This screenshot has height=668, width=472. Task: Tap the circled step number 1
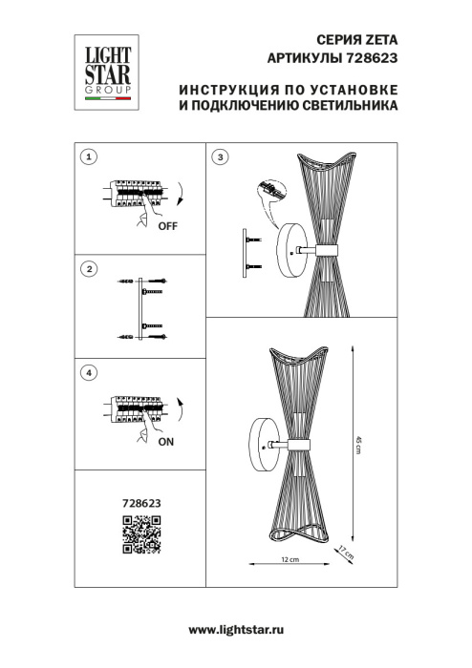tap(89, 156)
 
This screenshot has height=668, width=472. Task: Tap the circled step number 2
tap(89, 270)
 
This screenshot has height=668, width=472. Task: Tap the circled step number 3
tap(222, 156)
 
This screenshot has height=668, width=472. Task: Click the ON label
tap(165, 443)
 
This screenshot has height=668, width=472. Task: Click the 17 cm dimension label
tap(348, 552)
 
